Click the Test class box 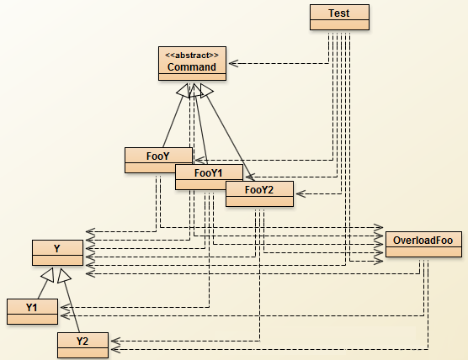coord(339,18)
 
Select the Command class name coord(192,66)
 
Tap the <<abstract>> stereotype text coord(192,56)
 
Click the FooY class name coord(158,156)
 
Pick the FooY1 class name coord(209,173)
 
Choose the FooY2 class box coord(259,193)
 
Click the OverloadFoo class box coord(423,244)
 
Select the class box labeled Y coord(57,252)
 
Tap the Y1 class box coord(32,311)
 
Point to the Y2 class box coord(82,345)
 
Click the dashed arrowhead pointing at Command coord(233,63)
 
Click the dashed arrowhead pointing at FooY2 coord(300,193)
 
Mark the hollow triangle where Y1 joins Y coord(49,275)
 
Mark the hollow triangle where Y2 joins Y coord(64,276)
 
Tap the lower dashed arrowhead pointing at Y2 coord(115,349)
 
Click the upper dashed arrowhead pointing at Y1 coord(65,307)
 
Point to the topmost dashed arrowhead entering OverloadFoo coord(379,228)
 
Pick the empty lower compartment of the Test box coord(339,24)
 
